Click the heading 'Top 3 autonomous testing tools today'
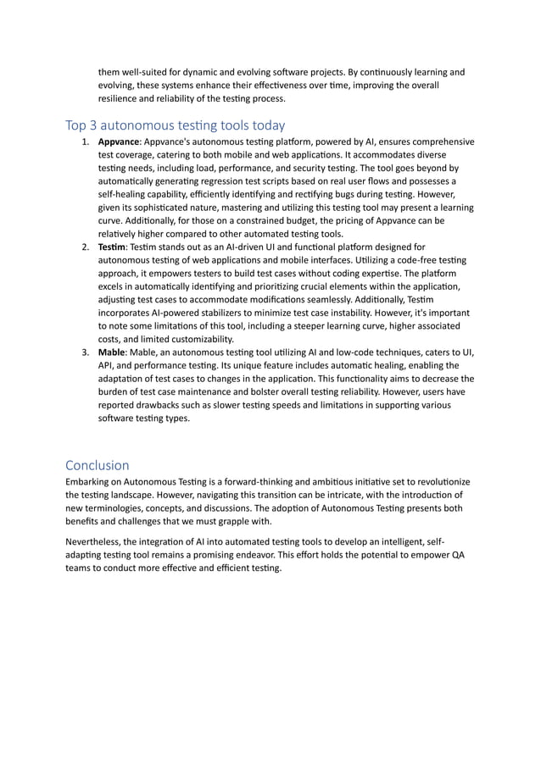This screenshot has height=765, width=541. coord(175,125)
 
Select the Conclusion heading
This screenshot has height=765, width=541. coord(98,465)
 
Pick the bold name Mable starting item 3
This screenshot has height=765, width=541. coord(112,352)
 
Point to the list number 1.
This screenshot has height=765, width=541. coord(85,141)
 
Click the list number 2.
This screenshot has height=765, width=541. coord(85,247)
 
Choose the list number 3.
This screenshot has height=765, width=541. coord(85,352)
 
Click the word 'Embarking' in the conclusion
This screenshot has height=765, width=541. coord(89,482)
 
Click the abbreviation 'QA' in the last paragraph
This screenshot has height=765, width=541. coord(457,554)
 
